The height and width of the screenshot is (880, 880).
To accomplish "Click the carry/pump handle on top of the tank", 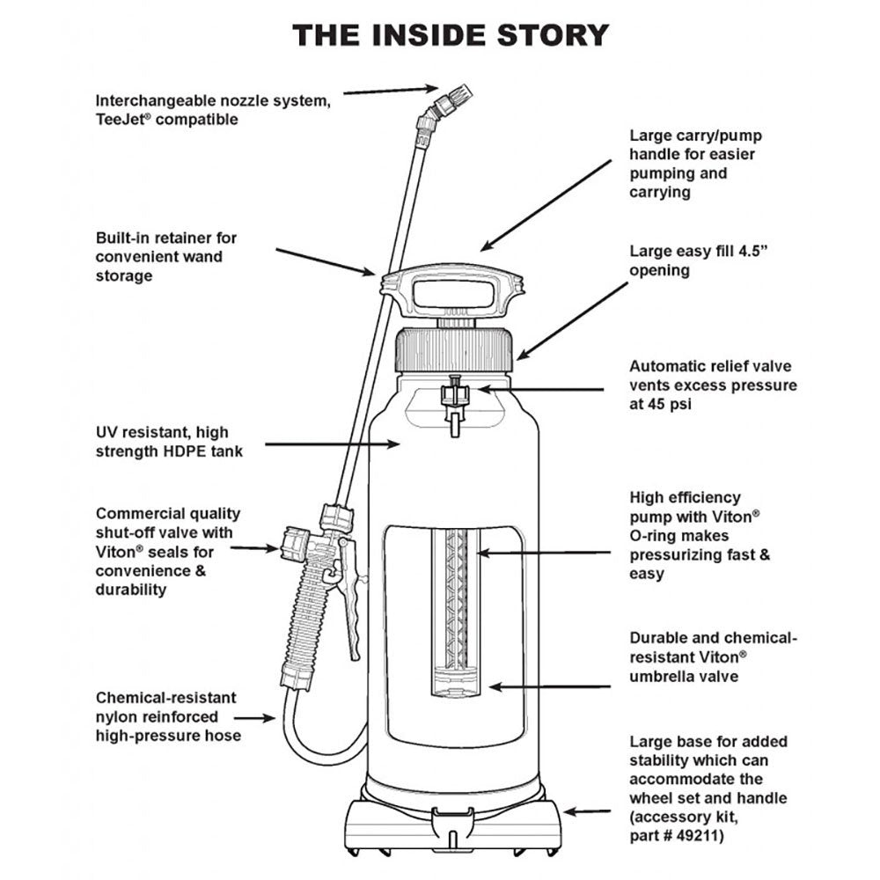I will click(x=451, y=291).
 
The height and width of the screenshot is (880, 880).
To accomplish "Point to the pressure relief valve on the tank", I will click(x=454, y=400).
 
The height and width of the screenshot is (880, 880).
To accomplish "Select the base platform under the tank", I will click(x=453, y=823).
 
